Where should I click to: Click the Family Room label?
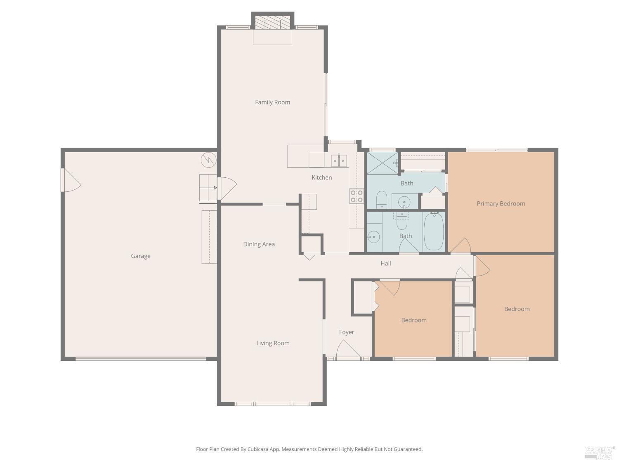click(x=272, y=102)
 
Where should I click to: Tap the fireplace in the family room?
click(x=272, y=23)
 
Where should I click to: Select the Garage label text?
click(x=141, y=256)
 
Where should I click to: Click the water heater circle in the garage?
click(x=208, y=160)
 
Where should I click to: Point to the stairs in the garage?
click(x=208, y=188)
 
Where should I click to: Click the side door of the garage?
click(x=70, y=180)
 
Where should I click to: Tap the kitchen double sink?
click(x=339, y=160)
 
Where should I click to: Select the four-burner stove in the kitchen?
click(x=357, y=196)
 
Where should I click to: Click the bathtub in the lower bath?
click(x=434, y=231)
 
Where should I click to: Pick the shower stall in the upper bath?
click(x=382, y=163)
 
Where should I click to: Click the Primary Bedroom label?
click(x=501, y=203)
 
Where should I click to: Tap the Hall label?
click(x=385, y=263)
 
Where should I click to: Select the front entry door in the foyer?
click(x=348, y=350)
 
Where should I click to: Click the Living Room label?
click(x=273, y=343)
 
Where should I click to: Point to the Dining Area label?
click(x=259, y=244)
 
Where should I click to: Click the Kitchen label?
click(x=321, y=177)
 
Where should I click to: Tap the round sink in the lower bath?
click(x=373, y=237)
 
